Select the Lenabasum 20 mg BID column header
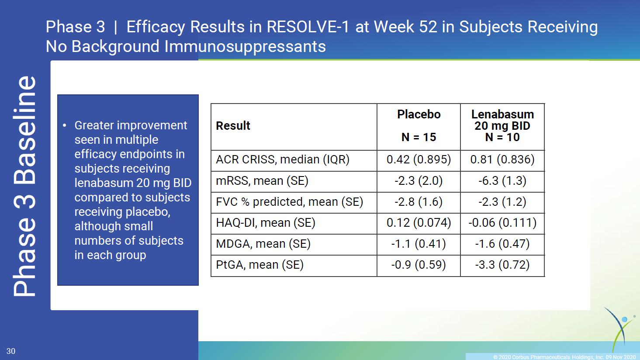click(x=502, y=126)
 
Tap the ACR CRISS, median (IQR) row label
click(x=283, y=159)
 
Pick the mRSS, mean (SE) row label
click(x=262, y=181)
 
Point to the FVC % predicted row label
click(x=290, y=202)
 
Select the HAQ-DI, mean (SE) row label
click(x=266, y=223)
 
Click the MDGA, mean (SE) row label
click(x=263, y=244)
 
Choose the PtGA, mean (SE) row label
click(x=260, y=265)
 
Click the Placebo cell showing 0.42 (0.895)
click(x=419, y=159)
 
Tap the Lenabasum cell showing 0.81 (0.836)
click(x=502, y=159)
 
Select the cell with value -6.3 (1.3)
click(x=502, y=181)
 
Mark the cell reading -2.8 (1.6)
click(x=419, y=202)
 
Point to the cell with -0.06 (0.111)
click(x=502, y=223)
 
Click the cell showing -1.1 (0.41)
click(x=419, y=244)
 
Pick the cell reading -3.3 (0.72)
click(x=502, y=265)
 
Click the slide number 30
click(x=11, y=351)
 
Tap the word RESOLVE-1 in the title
click(x=308, y=27)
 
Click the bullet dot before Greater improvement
click(x=65, y=125)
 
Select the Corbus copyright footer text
click(x=564, y=357)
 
